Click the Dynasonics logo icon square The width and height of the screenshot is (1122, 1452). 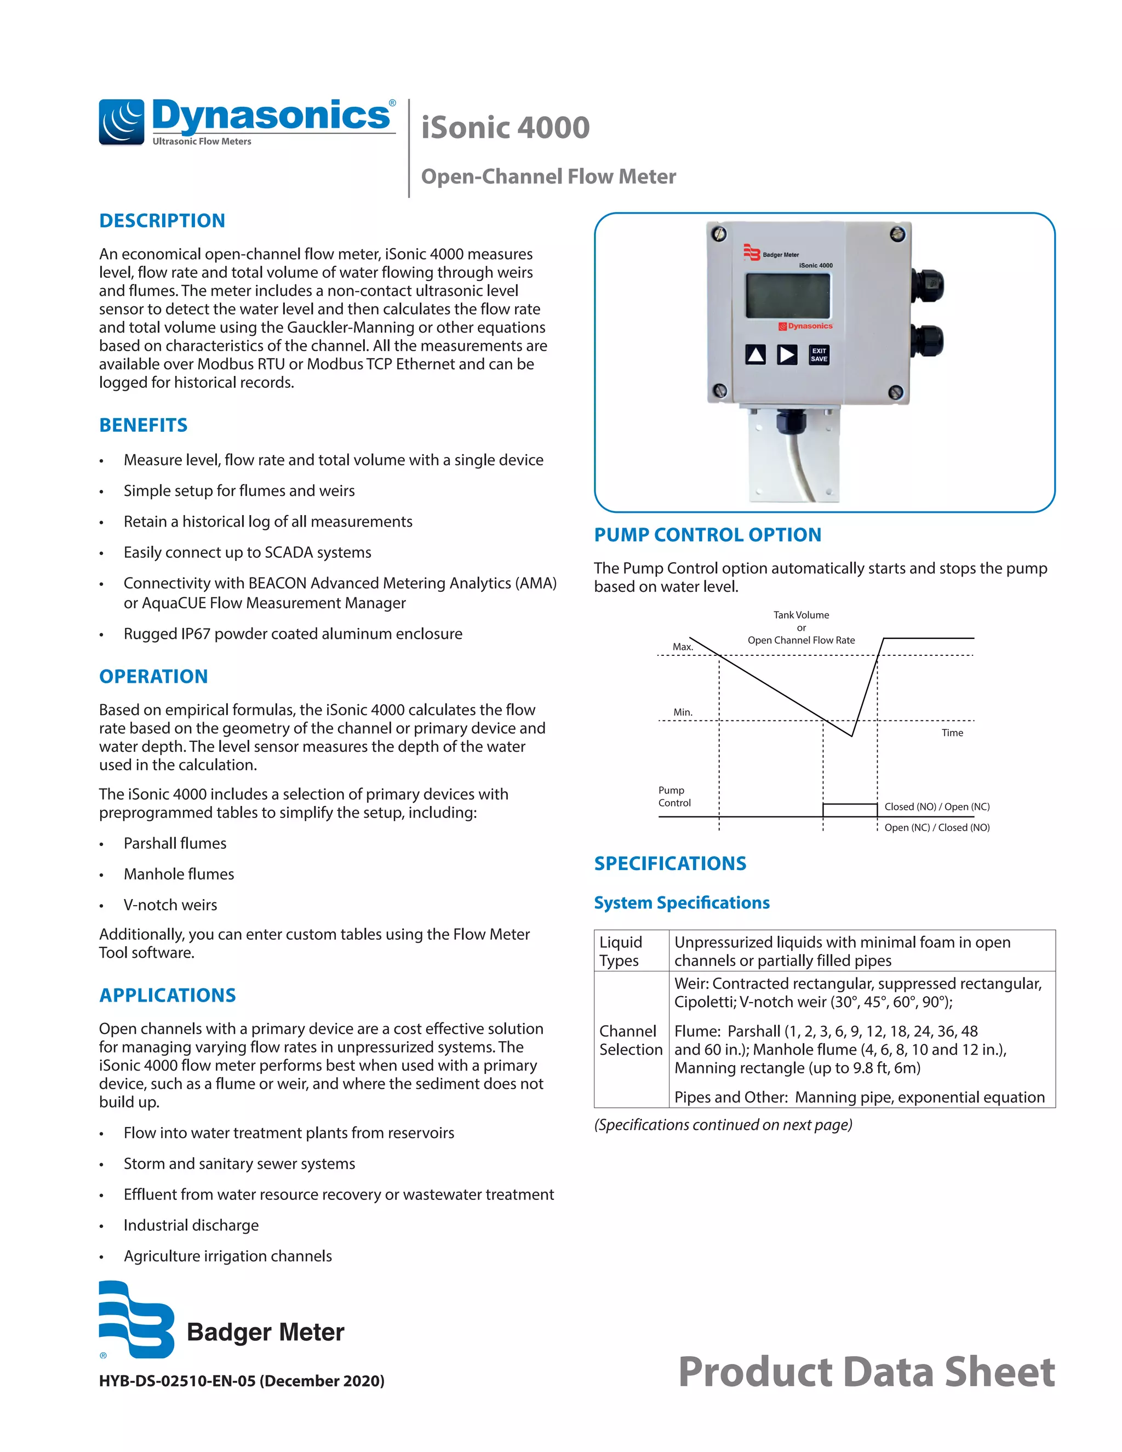pos(122,122)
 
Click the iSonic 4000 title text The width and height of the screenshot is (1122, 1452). pos(505,128)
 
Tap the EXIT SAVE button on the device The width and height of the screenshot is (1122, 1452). pos(818,355)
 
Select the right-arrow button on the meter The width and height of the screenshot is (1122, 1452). pos(787,355)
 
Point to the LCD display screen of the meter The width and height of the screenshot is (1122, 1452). pos(788,296)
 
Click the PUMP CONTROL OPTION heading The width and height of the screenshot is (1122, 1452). pos(707,535)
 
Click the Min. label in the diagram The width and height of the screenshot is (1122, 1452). pos(683,712)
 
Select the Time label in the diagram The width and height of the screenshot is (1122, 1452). pos(952,733)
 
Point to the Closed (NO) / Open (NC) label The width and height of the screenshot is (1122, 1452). pos(936,807)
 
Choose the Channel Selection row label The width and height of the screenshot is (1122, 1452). pos(630,1040)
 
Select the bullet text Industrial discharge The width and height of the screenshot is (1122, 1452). pos(191,1225)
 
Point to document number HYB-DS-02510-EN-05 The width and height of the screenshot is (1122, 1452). pos(241,1380)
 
